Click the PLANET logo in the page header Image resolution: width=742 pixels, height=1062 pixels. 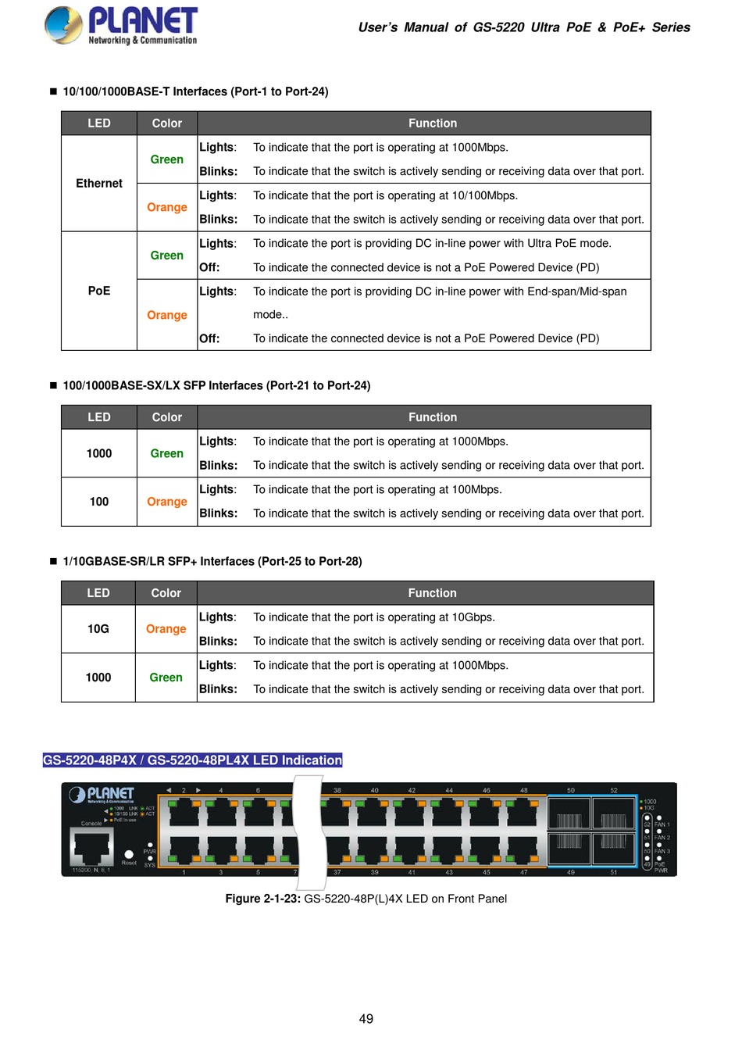[x=121, y=26]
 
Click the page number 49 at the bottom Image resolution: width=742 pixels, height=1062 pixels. [x=366, y=1019]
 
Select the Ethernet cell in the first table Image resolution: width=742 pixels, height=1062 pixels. [x=99, y=184]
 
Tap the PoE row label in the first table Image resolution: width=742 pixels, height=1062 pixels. [x=99, y=291]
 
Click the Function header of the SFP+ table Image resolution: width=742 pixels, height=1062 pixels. [x=432, y=593]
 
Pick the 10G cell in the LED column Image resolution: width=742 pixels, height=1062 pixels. [x=98, y=629]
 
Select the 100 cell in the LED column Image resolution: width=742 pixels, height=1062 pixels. [x=99, y=502]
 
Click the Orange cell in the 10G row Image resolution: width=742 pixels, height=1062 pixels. [x=166, y=629]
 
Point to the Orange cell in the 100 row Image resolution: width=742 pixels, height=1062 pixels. [x=167, y=502]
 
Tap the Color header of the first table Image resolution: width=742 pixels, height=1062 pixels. [x=167, y=123]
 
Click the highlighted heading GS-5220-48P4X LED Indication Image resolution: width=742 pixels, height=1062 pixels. [x=192, y=760]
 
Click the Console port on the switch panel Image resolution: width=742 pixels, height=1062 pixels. [x=92, y=846]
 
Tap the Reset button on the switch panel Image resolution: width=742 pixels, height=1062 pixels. [x=129, y=854]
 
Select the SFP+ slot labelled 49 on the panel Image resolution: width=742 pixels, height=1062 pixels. [x=569, y=850]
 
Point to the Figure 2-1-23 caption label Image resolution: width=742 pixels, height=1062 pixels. [x=262, y=899]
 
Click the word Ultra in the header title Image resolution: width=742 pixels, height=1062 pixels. [x=545, y=27]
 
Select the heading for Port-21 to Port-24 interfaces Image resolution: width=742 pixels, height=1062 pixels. [x=216, y=385]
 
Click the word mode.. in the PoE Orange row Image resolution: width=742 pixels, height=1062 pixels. [x=270, y=315]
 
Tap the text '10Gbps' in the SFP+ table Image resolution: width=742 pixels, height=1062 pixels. [x=473, y=617]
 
